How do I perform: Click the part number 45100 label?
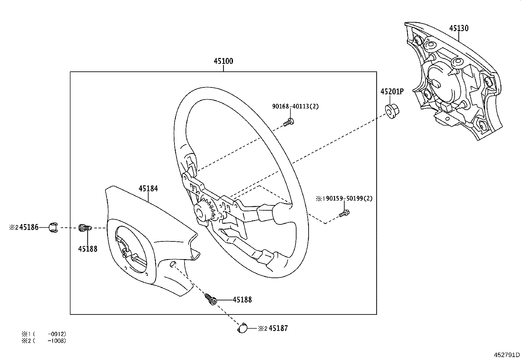pos(224,61)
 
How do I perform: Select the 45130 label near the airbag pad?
pos(458,28)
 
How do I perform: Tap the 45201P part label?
pos(392,92)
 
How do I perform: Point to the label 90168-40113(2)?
pos(295,106)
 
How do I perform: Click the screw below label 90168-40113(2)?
pos(289,123)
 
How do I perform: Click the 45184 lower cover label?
pos(148,189)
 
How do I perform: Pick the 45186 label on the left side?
pos(29,227)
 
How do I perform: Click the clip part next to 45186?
pos(53,227)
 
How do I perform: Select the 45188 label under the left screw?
pos(88,249)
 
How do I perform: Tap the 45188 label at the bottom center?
pos(242,300)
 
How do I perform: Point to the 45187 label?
pos(278,328)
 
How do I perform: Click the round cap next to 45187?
pos(243,328)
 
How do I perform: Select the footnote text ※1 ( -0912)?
pos(44,334)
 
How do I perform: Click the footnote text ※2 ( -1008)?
pos(44,341)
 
